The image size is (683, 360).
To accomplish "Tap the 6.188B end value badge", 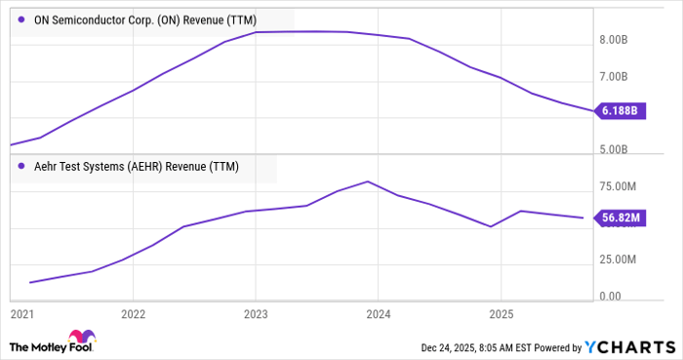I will coord(618,111).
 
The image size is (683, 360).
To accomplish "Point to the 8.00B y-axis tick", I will coord(619,40).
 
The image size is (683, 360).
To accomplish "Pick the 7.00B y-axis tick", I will coord(619,76).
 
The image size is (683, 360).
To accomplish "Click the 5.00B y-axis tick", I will coord(619,149).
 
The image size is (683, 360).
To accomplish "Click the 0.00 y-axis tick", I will coord(611,296).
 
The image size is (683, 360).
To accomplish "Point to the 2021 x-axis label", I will coord(21,315).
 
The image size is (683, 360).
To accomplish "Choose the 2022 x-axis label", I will coord(133,315).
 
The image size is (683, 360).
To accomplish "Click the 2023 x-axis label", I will coord(255,315).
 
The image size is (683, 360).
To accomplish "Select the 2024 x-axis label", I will coord(378,315).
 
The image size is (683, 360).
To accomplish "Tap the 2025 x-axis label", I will coord(500,315).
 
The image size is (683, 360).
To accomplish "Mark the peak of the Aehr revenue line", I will coord(367,181).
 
